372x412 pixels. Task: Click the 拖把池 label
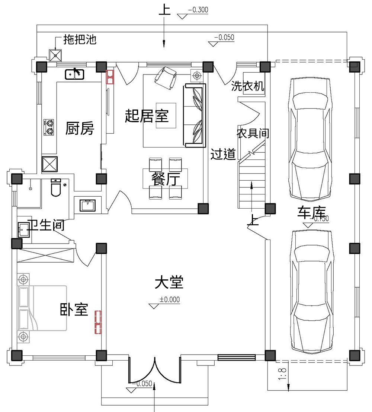80,39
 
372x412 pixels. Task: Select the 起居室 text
147,116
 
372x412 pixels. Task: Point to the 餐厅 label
165,179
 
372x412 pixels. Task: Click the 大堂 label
169,282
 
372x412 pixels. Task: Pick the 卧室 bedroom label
74,309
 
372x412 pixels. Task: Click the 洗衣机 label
248,86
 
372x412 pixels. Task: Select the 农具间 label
253,133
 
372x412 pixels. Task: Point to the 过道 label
223,154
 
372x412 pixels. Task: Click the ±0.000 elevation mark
169,299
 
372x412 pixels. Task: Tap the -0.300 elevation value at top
198,10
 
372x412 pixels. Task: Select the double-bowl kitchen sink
75,75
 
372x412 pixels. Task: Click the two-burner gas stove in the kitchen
49,127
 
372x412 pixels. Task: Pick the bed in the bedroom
41,308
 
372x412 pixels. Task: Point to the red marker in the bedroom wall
98,322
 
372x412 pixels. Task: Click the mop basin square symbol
56,56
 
